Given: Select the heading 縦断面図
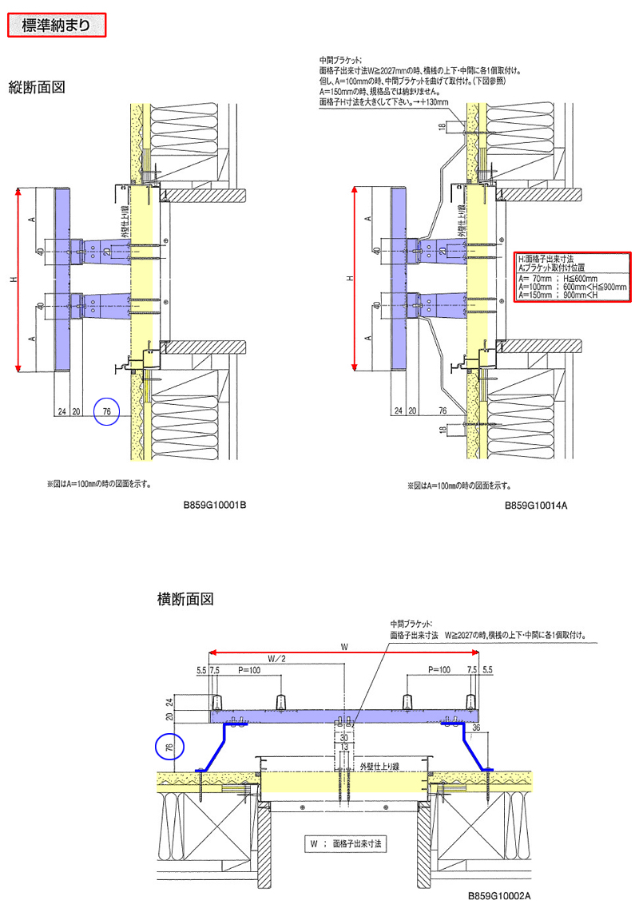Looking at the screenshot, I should point(36,86).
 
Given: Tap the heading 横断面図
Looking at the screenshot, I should point(185,598).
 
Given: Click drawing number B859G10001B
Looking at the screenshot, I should point(215,506).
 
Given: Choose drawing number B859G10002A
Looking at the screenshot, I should point(499,896).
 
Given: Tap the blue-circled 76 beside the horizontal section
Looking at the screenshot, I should point(169,748).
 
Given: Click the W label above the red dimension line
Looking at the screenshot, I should point(344,644).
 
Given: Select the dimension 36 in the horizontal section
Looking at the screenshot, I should point(477,728).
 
